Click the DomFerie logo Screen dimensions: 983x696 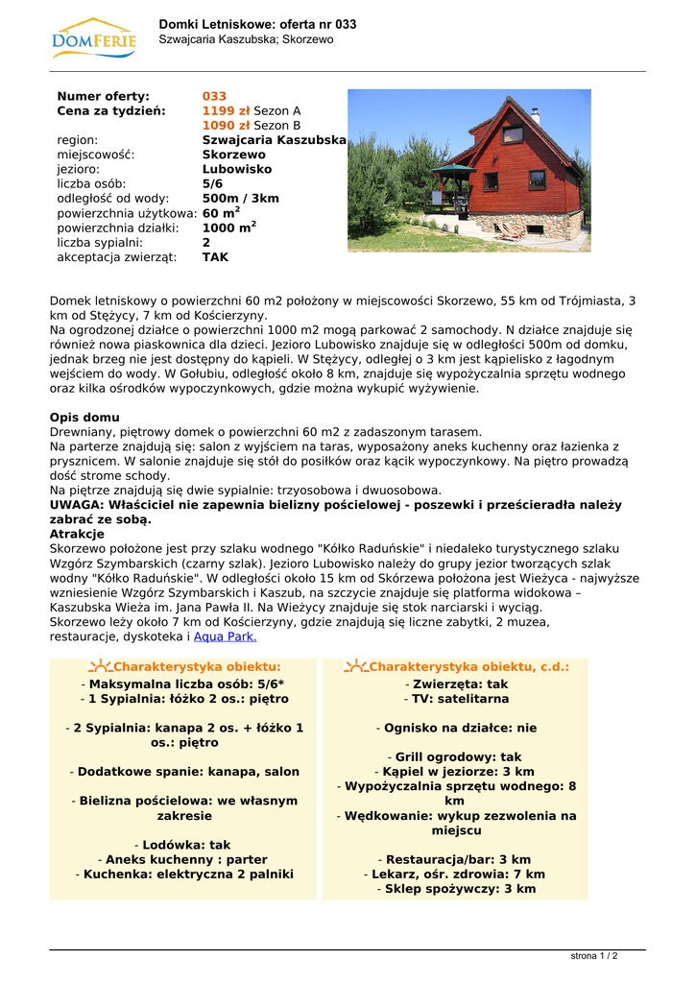point(93,37)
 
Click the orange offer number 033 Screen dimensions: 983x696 point(214,96)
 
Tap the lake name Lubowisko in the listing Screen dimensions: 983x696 point(236,169)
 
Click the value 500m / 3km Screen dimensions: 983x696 point(240,199)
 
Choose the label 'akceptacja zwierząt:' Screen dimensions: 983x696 point(116,257)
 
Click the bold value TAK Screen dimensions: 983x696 point(215,257)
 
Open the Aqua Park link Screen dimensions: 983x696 point(225,636)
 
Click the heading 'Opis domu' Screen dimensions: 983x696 point(84,418)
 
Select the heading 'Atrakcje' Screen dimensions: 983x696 point(77,534)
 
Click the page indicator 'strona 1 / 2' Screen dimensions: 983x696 point(593,956)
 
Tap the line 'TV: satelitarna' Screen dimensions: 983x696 point(455,699)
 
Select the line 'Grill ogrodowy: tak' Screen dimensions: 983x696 point(455,757)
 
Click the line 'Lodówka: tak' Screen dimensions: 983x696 point(183,845)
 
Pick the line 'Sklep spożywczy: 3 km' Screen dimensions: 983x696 point(455,889)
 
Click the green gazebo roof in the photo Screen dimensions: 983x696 point(451,169)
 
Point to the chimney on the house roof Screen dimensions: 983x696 point(536,116)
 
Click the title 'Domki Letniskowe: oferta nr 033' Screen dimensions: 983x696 point(257,24)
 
